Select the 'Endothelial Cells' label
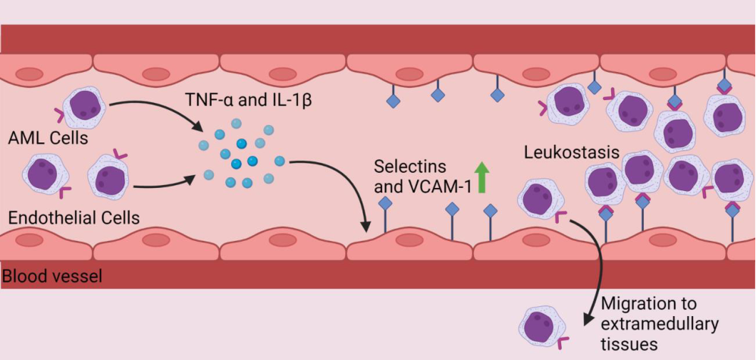point(74,218)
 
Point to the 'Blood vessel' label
point(52,277)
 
